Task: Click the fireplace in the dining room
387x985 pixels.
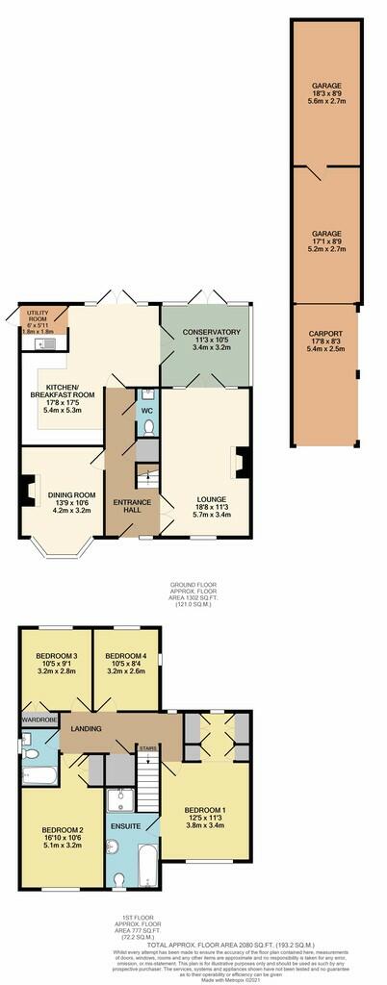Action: [x=25, y=493]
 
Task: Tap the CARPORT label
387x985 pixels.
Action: [x=325, y=337]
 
